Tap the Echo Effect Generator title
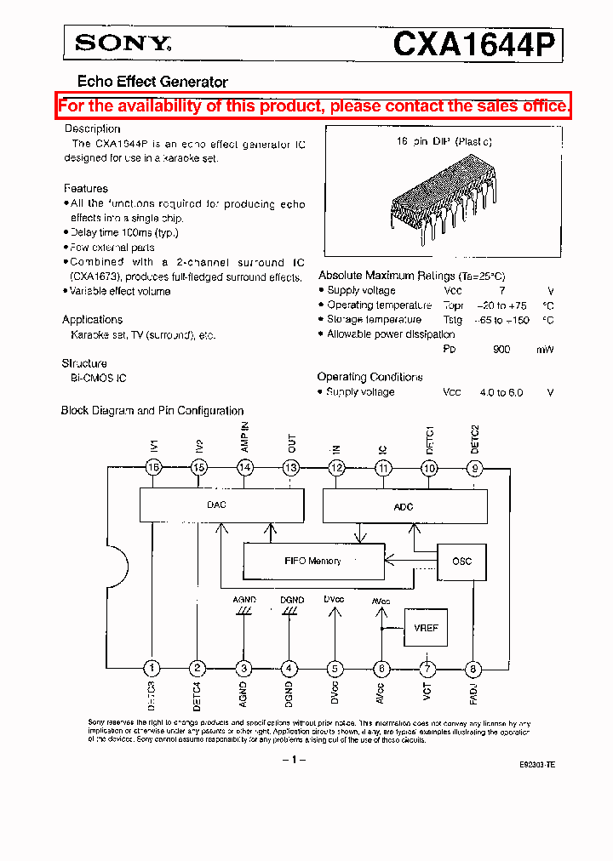pos(152,82)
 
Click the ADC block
pos(404,507)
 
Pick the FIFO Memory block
pos(313,562)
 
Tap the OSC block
pos(461,562)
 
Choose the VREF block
pos(426,628)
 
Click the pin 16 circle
pos(153,467)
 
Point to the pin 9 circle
pos(475,467)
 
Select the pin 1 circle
pos(153,669)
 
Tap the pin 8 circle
pos(474,669)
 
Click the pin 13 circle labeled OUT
pos(291,467)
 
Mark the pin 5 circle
pos(336,669)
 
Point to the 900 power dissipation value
pos(502,350)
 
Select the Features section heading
pos(86,188)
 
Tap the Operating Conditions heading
pos(370,377)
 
